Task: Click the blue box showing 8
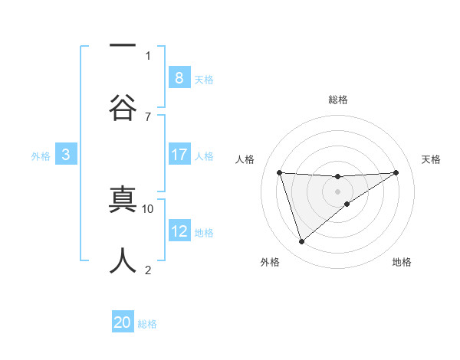tap(179, 77)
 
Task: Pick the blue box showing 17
tap(179, 155)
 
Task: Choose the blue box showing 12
tap(179, 231)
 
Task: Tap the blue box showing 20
tap(123, 323)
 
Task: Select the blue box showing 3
tap(66, 155)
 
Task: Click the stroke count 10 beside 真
tap(148, 208)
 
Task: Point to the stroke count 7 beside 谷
tap(148, 116)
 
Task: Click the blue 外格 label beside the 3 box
tap(41, 155)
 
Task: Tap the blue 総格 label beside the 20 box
tap(147, 324)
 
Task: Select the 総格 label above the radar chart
tap(337, 100)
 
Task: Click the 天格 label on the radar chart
tap(431, 159)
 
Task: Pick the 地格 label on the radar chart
tap(402, 262)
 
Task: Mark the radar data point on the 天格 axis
tap(396, 172)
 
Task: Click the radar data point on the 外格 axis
tap(301, 242)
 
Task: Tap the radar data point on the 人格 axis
tap(279, 172)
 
